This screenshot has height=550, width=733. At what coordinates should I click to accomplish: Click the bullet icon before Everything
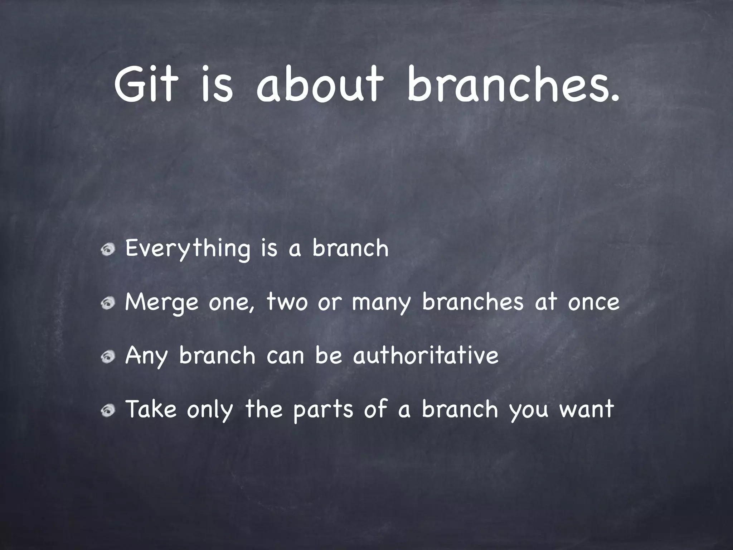[107, 250]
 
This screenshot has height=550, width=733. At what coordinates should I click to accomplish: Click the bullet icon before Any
[107, 357]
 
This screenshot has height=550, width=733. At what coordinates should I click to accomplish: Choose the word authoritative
[426, 355]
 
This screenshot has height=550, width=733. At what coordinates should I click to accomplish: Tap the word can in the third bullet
[285, 356]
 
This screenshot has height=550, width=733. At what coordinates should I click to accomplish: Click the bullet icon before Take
[107, 410]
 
